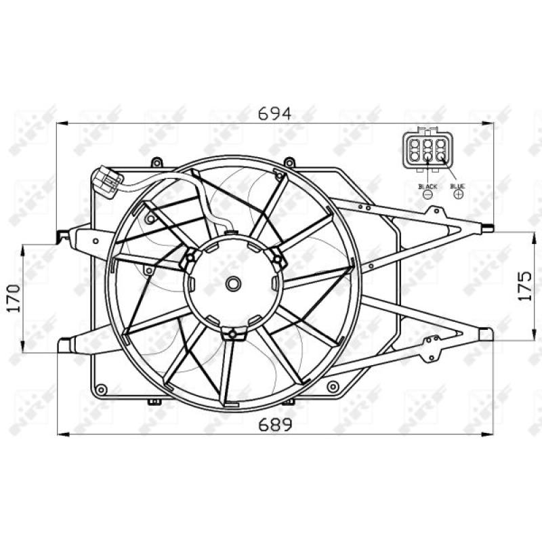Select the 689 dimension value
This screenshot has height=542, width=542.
[x=275, y=424]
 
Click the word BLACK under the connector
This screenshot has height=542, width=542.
[x=428, y=186]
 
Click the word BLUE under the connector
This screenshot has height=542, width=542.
[x=459, y=186]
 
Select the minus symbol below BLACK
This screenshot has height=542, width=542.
[x=428, y=194]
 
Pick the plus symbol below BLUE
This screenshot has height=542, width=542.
[x=459, y=194]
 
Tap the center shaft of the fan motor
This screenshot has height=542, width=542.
[x=234, y=284]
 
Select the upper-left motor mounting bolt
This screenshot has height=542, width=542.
[x=190, y=257]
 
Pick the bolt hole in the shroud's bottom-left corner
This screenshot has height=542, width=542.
[x=102, y=390]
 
